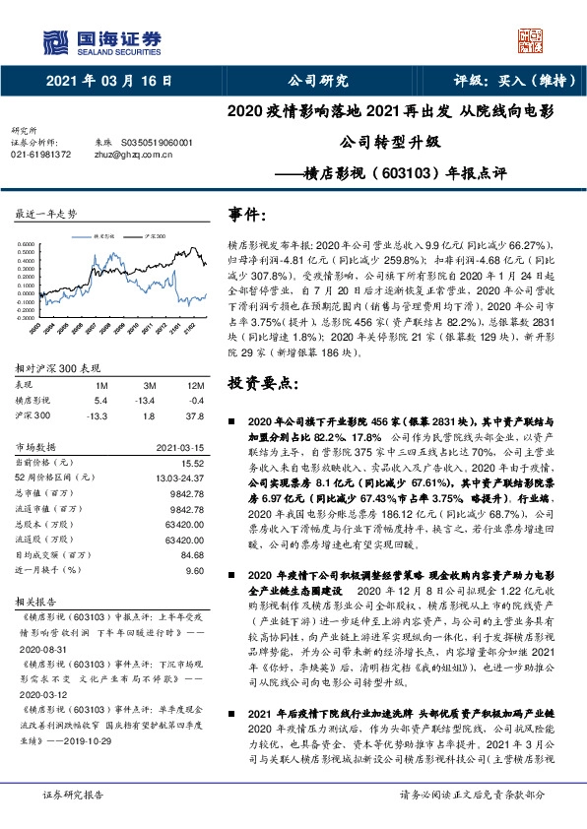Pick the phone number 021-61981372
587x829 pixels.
pyautogui.click(x=40, y=154)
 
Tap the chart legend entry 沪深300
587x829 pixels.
pyautogui.click(x=155, y=237)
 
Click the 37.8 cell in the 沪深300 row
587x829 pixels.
pyautogui.click(x=195, y=414)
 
